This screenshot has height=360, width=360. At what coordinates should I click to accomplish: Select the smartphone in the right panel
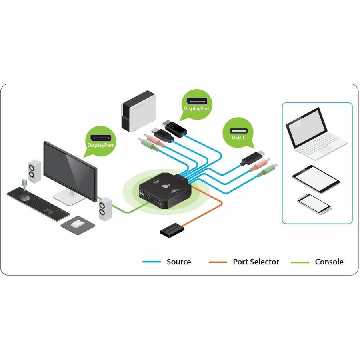314,204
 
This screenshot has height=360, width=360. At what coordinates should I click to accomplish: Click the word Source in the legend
179,262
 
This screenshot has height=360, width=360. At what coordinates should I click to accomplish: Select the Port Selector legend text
256,262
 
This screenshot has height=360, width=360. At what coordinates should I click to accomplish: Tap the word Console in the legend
329,262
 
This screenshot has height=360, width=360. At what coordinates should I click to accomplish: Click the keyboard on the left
38,202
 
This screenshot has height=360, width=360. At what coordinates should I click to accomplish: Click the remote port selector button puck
172,231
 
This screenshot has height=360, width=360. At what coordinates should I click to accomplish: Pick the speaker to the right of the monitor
105,209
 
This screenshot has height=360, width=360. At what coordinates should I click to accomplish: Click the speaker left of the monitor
34,171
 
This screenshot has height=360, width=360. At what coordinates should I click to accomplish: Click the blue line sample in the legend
152,262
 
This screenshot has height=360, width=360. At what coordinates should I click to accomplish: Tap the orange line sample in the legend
218,262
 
